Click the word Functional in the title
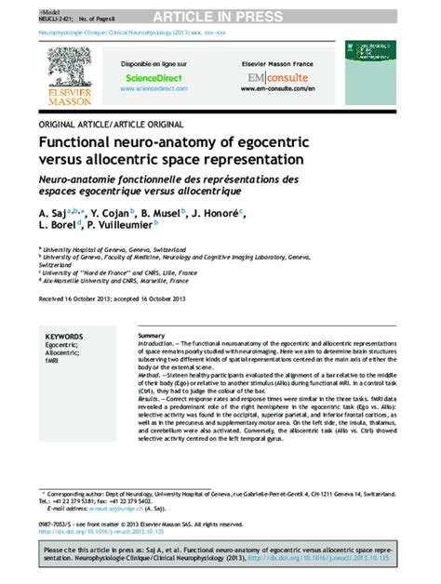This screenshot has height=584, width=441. click(81, 144)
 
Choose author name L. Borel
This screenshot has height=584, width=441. click(60, 226)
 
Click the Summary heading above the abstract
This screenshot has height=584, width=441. click(151, 334)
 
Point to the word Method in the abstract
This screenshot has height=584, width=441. click(152, 375)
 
